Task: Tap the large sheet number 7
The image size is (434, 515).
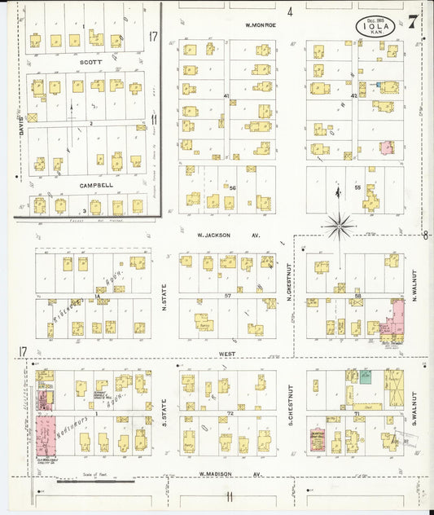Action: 414,22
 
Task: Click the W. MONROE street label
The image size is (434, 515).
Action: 263,25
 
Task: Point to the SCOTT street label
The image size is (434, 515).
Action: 90,61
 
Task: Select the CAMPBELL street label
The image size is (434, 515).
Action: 95,186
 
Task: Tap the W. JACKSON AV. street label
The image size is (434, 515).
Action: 227,234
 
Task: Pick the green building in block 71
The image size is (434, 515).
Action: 366,376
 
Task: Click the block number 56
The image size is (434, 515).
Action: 232,188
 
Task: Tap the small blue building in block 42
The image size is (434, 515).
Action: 378,83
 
